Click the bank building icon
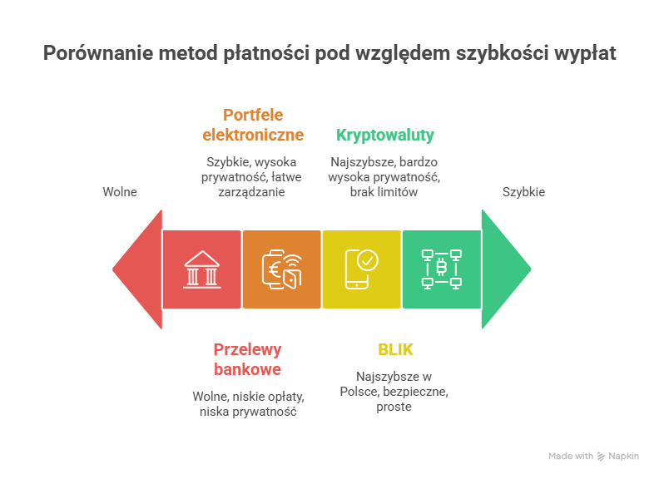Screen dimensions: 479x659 [x=202, y=269]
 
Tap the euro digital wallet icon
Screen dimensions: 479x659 [x=281, y=269]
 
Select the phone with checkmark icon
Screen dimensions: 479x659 [x=362, y=269]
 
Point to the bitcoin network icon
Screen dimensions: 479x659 [x=442, y=269]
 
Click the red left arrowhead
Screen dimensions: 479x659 [x=137, y=269]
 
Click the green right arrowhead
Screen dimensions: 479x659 [x=506, y=269]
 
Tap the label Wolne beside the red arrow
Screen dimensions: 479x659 [x=120, y=192]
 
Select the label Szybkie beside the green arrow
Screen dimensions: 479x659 [x=523, y=192]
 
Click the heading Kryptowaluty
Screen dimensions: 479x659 [x=385, y=135]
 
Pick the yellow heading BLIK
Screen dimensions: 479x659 [x=395, y=349]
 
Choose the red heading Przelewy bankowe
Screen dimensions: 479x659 [x=247, y=359]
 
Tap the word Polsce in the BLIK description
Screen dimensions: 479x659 [x=359, y=392]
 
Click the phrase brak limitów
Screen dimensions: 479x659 [x=384, y=192]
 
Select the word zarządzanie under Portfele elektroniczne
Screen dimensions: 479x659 [x=252, y=192]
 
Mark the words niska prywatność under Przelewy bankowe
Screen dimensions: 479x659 [x=247, y=412]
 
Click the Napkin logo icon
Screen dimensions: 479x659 [x=601, y=457]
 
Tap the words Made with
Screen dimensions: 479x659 [x=571, y=457]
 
